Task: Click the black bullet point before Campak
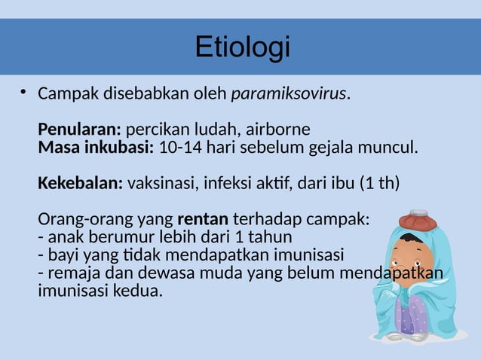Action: click(x=23, y=93)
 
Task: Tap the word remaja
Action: click(x=69, y=272)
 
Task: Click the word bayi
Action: click(x=61, y=254)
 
